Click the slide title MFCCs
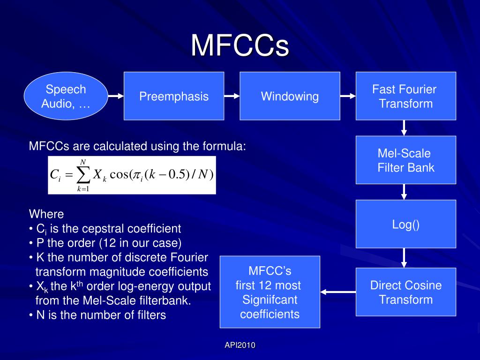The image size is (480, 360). pos(240,45)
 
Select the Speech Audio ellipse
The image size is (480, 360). pos(66,96)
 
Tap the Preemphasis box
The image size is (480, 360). pos(173,96)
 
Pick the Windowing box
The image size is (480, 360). pos(290,96)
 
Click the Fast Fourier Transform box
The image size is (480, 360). pos(405,96)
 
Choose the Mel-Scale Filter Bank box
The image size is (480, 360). pos(405,160)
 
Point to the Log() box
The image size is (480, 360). pos(405,224)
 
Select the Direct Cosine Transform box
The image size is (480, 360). pos(405,292)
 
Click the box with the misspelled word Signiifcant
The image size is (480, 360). pos(270,292)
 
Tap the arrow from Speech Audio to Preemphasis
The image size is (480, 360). pos(116,96)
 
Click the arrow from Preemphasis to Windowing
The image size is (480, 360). pos(232,96)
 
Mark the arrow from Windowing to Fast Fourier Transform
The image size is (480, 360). pos(348,96)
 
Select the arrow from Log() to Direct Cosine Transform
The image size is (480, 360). pos(404,258)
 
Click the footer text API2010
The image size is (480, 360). pos(240,345)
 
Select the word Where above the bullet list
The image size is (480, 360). pos(46,214)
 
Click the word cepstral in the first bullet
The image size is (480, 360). pos(101,229)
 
